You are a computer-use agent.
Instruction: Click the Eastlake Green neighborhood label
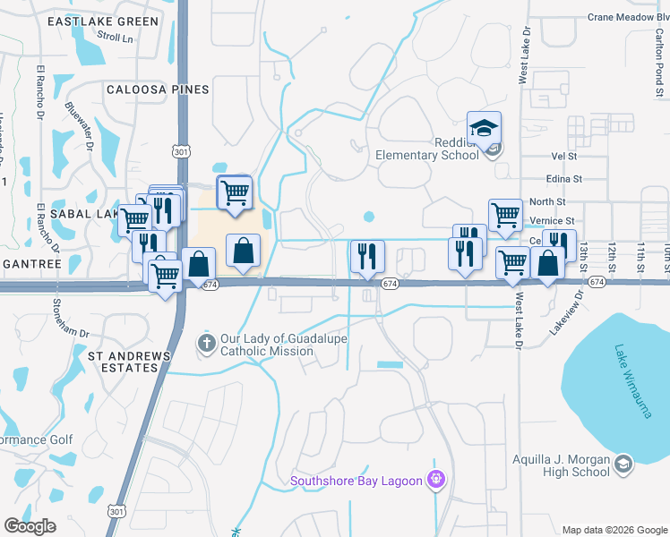(x=103, y=21)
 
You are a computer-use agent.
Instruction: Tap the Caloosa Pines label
(x=157, y=89)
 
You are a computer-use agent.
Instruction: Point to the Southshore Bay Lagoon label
(x=356, y=481)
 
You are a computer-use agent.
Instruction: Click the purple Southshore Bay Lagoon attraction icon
(x=436, y=481)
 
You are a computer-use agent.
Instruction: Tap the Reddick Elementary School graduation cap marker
(x=484, y=130)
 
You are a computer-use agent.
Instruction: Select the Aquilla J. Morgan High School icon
(x=623, y=464)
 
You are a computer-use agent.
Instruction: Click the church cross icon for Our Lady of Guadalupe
(x=206, y=343)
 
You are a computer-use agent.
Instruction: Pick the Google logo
(x=30, y=526)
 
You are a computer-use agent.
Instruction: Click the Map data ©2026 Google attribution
(x=614, y=530)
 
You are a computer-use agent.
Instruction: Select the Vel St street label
(x=565, y=156)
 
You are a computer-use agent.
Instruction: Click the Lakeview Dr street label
(x=566, y=310)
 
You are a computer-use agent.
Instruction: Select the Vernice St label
(x=551, y=220)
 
